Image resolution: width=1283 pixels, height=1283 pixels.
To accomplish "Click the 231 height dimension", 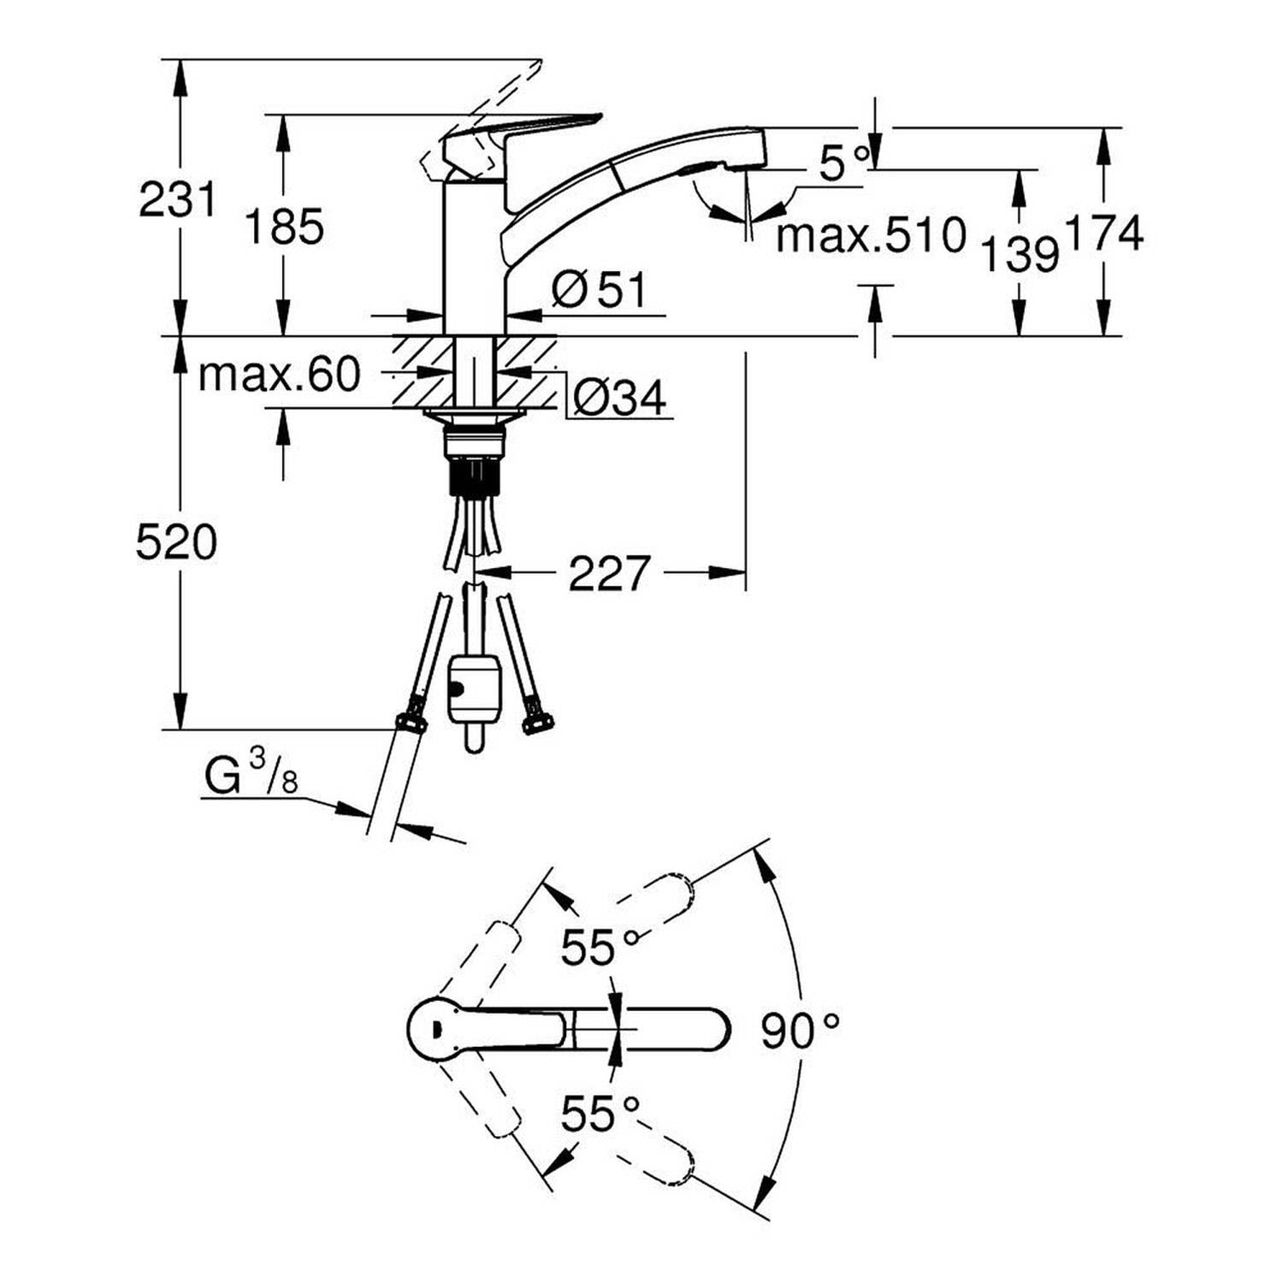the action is coord(178,200).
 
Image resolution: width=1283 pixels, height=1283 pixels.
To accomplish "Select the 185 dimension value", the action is coord(286,227).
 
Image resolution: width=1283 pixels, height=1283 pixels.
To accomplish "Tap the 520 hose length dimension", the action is coord(177,542).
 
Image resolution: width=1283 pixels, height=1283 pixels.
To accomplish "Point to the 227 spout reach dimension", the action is coord(610,573).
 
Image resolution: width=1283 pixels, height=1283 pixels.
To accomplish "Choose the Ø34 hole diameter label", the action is coord(620,397).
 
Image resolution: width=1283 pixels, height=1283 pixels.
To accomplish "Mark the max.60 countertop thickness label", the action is coord(279,374).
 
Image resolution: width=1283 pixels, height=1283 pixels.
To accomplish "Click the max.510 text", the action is coord(871,234).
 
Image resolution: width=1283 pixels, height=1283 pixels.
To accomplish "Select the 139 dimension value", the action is coord(1020,254).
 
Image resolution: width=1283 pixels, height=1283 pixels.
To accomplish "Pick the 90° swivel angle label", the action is coord(800,1031).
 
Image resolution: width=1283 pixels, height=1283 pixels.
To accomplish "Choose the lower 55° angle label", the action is coord(600,1113).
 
